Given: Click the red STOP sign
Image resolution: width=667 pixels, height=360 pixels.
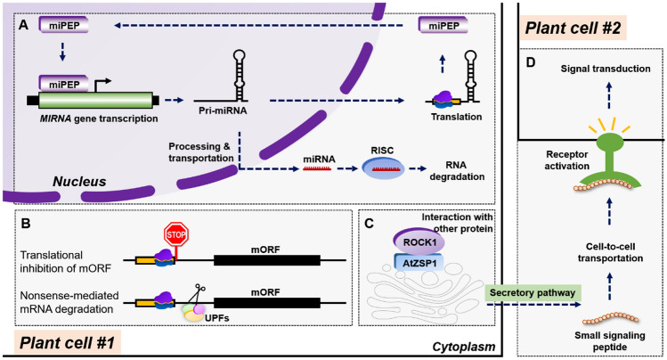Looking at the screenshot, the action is [176, 234].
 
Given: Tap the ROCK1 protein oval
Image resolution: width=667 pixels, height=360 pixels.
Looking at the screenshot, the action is [419, 242].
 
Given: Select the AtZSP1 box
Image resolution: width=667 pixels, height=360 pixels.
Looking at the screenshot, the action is [419, 264].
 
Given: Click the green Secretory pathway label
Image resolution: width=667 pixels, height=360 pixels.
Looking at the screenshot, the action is [533, 293].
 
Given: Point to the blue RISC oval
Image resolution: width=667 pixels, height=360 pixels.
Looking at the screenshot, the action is [383, 168].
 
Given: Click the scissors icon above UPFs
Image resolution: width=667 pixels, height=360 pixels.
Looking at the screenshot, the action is [196, 295].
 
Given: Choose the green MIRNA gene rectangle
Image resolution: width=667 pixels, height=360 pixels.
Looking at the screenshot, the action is [95, 101].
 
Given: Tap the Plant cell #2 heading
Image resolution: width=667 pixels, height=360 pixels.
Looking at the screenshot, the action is [573, 29].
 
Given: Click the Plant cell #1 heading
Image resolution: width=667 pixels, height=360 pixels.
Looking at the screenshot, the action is [67, 342].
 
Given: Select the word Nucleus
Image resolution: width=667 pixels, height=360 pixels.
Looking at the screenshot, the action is [79, 182].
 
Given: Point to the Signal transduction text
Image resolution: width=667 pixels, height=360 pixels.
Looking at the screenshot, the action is [606, 69].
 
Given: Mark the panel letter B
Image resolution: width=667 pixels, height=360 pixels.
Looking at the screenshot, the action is [26, 224].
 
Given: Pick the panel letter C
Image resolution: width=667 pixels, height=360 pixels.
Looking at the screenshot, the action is [369, 224].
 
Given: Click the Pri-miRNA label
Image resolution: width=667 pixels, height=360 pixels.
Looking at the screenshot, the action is [223, 110].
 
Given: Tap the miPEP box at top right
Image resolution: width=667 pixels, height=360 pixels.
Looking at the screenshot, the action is [443, 26].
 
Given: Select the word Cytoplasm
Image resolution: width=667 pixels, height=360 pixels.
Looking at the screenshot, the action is [464, 347].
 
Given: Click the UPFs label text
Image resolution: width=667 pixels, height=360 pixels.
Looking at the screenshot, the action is [217, 317].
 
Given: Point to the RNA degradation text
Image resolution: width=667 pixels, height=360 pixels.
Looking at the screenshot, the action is [457, 170].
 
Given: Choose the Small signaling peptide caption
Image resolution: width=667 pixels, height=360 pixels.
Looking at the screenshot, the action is [610, 341].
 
